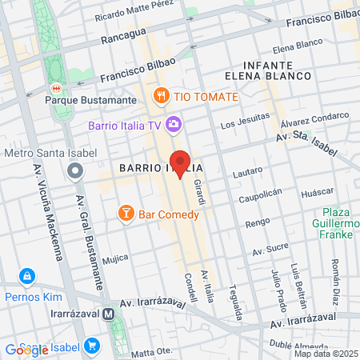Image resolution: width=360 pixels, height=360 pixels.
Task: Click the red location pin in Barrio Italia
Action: [181, 163]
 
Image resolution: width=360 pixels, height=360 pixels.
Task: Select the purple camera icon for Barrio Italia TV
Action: [174, 124]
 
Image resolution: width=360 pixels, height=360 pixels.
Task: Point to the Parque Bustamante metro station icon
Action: [56, 87]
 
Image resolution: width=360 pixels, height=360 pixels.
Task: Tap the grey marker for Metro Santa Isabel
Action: [75, 170]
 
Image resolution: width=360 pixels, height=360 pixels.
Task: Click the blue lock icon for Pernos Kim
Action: [28, 277]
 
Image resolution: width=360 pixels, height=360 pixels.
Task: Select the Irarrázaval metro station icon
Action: [107, 314]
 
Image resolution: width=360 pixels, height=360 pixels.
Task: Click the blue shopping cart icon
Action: [92, 346]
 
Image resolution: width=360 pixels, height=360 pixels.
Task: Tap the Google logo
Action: [27, 350]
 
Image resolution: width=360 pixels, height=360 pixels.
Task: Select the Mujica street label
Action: [115, 258]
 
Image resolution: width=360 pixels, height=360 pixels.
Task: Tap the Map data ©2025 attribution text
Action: [325, 353]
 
